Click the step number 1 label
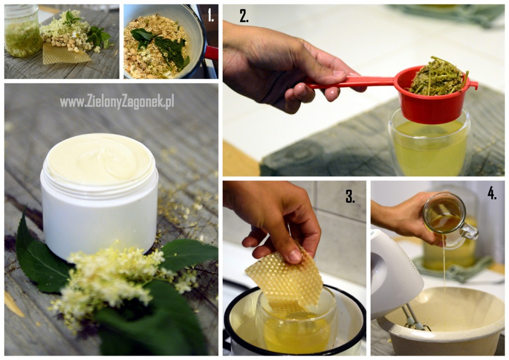click(x=211, y=15)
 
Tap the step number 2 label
click(x=244, y=15)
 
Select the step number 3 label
click(x=350, y=196)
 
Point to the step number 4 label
click(x=492, y=193)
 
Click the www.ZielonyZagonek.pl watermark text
click(x=117, y=101)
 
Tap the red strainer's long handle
click(x=350, y=83)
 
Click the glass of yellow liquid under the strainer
click(x=429, y=143)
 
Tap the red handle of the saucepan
click(x=211, y=53)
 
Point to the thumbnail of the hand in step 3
click(x=295, y=255)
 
